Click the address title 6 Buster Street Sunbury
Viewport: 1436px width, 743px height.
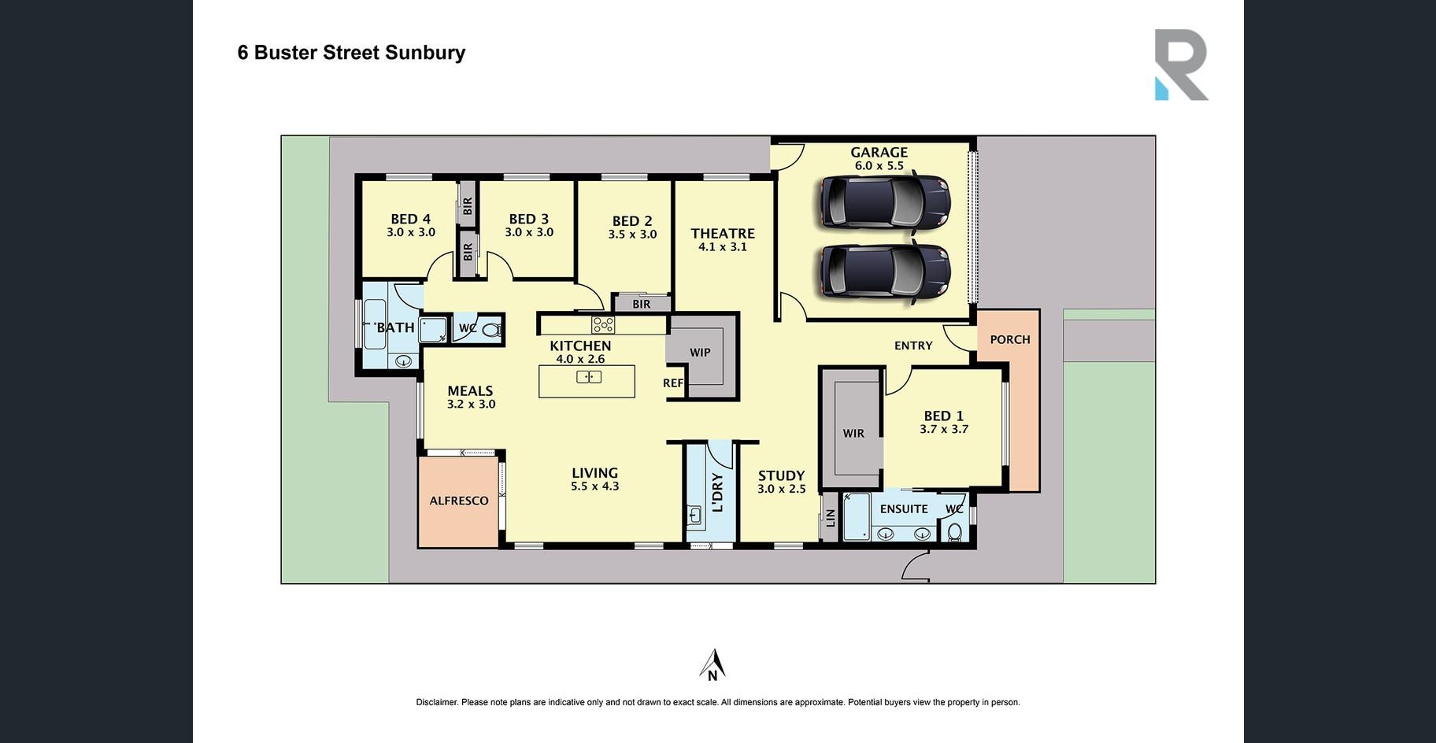pyautogui.click(x=351, y=53)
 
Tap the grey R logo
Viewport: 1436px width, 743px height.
pyautogui.click(x=1180, y=64)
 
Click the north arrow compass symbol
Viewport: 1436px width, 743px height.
pyautogui.click(x=712, y=664)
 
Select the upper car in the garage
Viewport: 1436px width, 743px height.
pyautogui.click(x=884, y=201)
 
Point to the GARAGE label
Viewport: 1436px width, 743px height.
pyautogui.click(x=879, y=153)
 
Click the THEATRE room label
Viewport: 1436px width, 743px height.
pyautogui.click(x=723, y=234)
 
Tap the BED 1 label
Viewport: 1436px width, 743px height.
pyautogui.click(x=943, y=416)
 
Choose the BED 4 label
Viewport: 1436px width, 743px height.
pyautogui.click(x=410, y=219)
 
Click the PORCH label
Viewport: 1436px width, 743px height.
pyautogui.click(x=1009, y=339)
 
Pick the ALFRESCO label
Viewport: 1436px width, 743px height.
pyautogui.click(x=459, y=501)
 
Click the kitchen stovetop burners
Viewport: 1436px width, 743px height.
pyautogui.click(x=603, y=324)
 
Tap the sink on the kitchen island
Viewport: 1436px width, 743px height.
pyautogui.click(x=589, y=378)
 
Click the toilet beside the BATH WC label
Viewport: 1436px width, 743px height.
pyautogui.click(x=490, y=330)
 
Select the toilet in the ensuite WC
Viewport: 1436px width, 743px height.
pyautogui.click(x=955, y=532)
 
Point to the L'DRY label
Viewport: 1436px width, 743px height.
pyautogui.click(x=716, y=493)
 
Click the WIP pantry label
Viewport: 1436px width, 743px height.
pyautogui.click(x=700, y=353)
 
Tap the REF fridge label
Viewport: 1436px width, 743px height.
pyautogui.click(x=673, y=383)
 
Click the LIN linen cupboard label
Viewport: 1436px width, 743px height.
pyautogui.click(x=830, y=517)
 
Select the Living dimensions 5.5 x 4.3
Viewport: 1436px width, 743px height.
pyautogui.click(x=594, y=486)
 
